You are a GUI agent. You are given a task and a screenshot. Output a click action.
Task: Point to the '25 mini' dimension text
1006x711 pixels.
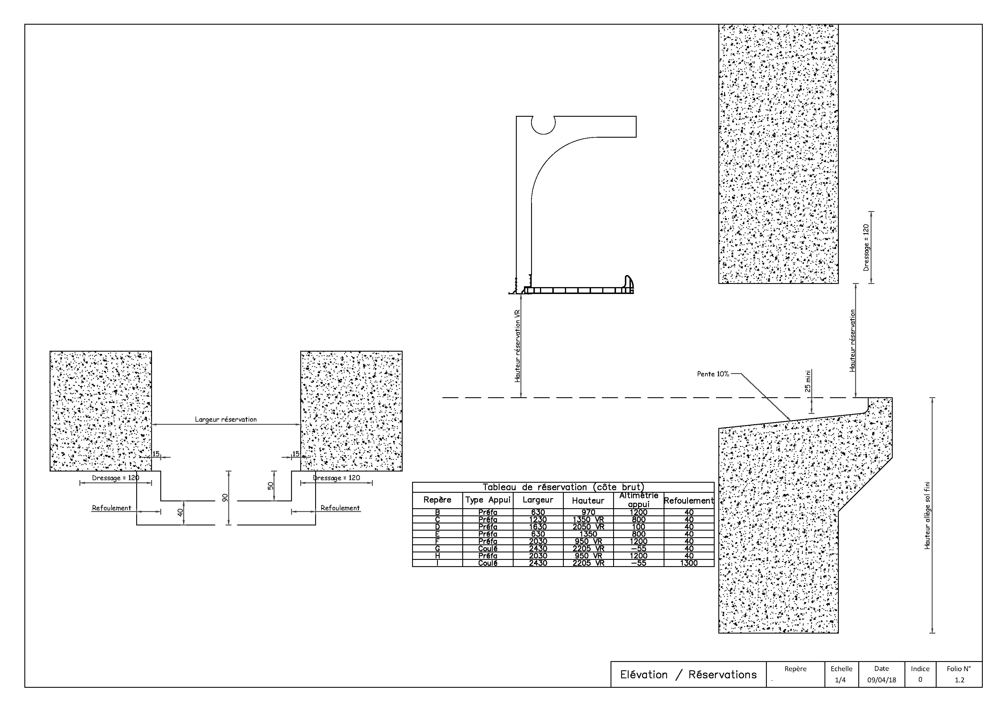pyautogui.click(x=808, y=381)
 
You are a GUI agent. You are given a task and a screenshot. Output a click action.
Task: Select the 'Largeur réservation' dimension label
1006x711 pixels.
pyautogui.click(x=226, y=419)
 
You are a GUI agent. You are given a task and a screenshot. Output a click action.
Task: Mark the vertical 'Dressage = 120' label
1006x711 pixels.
pyautogui.click(x=866, y=248)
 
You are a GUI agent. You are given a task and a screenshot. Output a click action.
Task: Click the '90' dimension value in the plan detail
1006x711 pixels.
pyautogui.click(x=225, y=498)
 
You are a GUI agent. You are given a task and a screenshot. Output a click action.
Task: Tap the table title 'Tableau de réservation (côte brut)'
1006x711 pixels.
pyautogui.click(x=563, y=487)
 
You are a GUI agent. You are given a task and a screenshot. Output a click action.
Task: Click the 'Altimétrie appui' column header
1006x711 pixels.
pyautogui.click(x=638, y=500)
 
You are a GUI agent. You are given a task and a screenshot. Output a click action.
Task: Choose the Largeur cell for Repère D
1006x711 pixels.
pyautogui.click(x=538, y=527)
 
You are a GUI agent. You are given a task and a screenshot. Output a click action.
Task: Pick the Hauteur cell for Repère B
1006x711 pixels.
pyautogui.click(x=588, y=512)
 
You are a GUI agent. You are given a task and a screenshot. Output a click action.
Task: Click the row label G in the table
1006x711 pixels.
pyautogui.click(x=437, y=548)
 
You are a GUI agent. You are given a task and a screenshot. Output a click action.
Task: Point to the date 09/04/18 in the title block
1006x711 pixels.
pyautogui.click(x=881, y=680)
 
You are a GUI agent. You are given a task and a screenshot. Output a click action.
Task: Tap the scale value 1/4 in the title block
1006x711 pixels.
pyautogui.click(x=840, y=680)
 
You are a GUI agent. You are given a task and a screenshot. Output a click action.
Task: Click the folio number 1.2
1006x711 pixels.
pyautogui.click(x=959, y=680)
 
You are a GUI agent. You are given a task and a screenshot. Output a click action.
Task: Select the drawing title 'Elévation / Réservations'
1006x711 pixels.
pyautogui.click(x=688, y=674)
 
